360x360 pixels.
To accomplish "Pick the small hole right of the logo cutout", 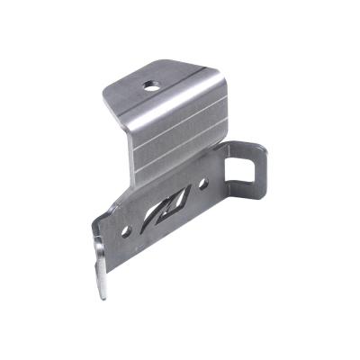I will pos(204,184).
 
